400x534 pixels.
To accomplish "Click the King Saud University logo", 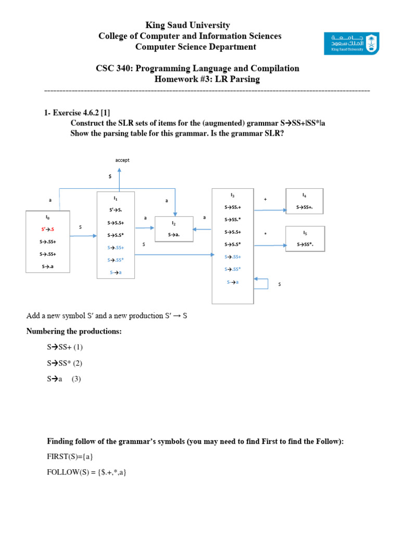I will (x=352, y=43).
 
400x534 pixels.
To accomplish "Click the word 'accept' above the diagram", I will (x=122, y=160).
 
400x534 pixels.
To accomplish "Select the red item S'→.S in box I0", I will (x=47, y=229).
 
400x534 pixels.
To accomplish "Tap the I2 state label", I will (x=174, y=223).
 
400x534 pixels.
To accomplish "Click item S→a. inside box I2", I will (x=174, y=235).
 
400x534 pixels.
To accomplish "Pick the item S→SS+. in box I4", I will (x=305, y=207).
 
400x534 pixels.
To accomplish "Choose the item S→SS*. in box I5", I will (x=305, y=244).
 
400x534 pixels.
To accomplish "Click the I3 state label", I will (x=232, y=195).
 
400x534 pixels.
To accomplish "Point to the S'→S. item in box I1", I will (x=116, y=210).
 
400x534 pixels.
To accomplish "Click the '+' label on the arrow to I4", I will (x=265, y=199).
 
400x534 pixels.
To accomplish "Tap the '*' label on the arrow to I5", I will (x=265, y=234).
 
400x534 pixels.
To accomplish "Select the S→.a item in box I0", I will (x=47, y=266).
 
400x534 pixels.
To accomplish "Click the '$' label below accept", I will (x=110, y=177).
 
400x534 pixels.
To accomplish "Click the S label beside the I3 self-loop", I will (x=279, y=285).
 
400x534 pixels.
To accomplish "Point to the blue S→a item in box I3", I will (x=232, y=282).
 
